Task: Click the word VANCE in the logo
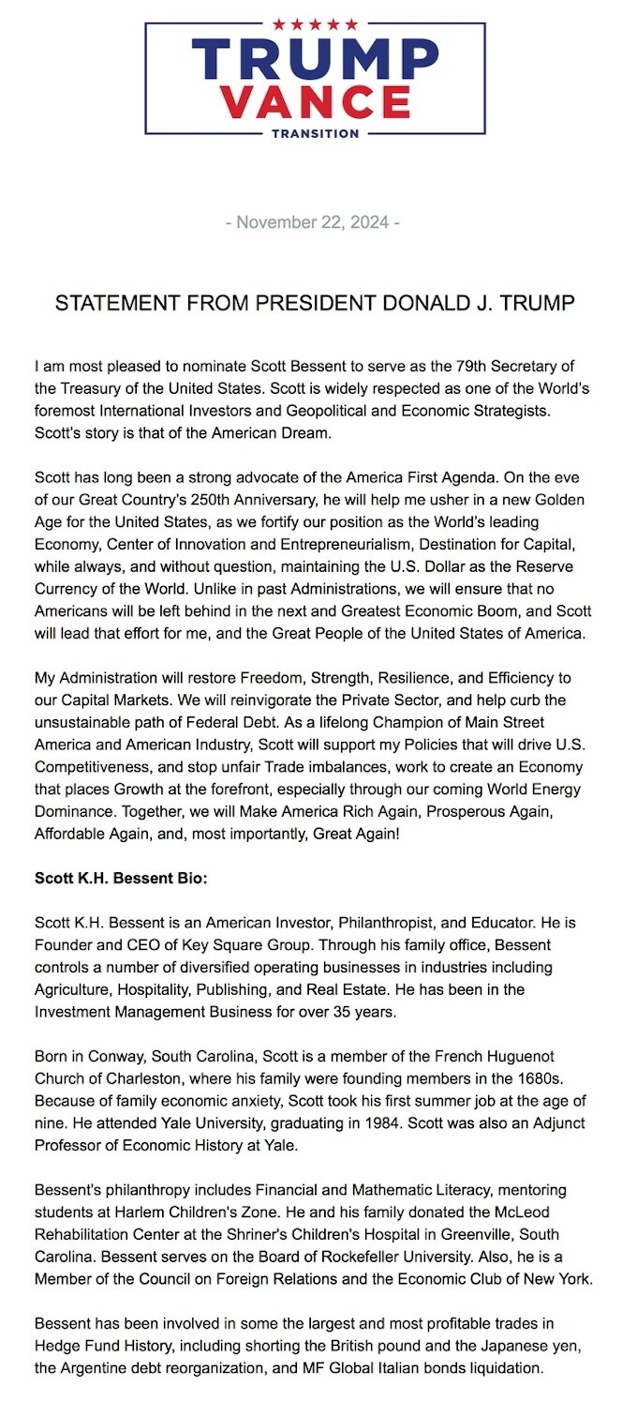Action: (x=315, y=101)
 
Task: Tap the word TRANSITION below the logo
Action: (x=315, y=133)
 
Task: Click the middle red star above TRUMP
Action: (x=315, y=24)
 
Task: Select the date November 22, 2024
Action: (x=314, y=223)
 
